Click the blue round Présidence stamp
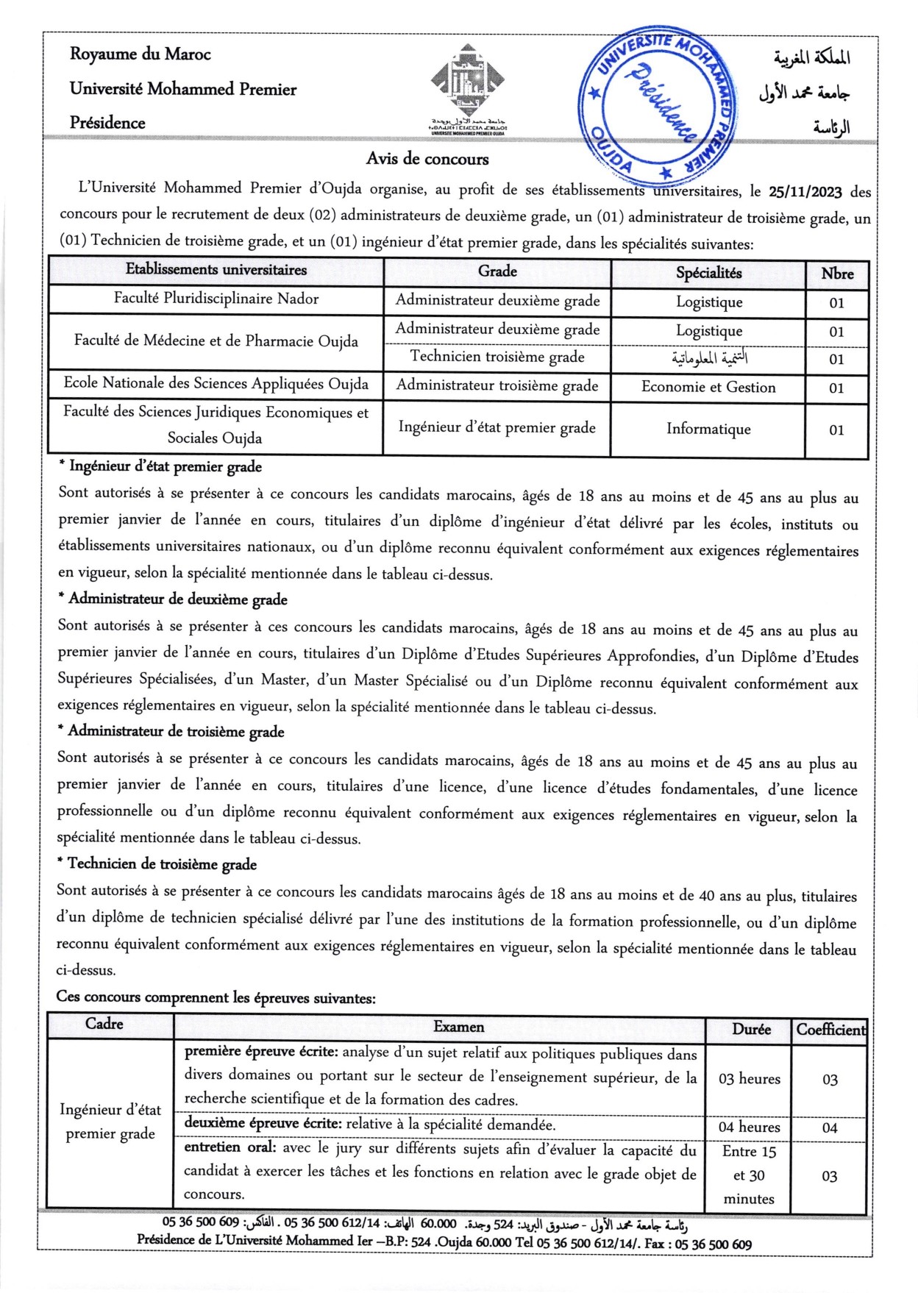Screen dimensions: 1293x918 click(x=655, y=105)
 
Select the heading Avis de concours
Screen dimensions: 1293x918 click(x=427, y=159)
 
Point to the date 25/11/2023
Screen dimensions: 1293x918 click(x=805, y=192)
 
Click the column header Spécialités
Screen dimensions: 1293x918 click(x=708, y=273)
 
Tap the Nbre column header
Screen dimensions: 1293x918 click(x=837, y=274)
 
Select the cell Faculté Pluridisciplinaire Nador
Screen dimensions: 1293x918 click(x=216, y=299)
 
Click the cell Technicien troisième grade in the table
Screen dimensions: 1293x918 click(x=497, y=357)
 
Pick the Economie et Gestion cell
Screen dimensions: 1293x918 click(x=708, y=387)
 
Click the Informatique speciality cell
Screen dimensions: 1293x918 click(x=708, y=429)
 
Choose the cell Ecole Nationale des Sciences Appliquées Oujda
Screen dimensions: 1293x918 click(x=216, y=383)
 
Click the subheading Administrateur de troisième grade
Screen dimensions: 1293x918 click(x=176, y=732)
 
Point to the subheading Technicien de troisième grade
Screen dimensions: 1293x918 click(x=163, y=864)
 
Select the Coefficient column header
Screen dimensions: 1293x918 click(x=830, y=1030)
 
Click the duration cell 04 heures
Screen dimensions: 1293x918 click(x=749, y=1127)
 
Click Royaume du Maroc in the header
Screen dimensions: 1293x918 click(x=140, y=54)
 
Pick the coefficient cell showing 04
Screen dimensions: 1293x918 click(x=830, y=1128)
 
